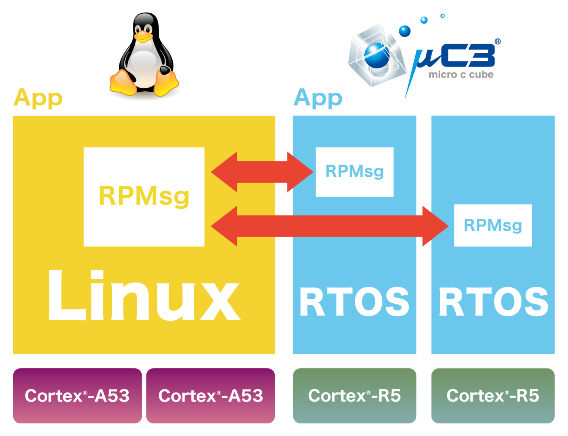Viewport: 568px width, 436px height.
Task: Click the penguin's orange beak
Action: [x=143, y=36]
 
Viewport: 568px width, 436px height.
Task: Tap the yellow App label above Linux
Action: [x=38, y=98]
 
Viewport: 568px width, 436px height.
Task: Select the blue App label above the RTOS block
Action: [x=318, y=98]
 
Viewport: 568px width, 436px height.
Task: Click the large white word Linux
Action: [x=144, y=296]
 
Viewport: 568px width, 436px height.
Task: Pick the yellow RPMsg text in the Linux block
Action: [x=144, y=196]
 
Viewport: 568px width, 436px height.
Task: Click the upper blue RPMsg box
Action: [x=354, y=172]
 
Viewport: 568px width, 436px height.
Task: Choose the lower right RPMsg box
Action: [x=493, y=225]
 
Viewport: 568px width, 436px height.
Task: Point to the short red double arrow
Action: [x=262, y=172]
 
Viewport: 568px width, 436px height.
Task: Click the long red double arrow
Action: [x=329, y=226]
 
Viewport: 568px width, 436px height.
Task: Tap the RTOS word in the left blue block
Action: [x=354, y=302]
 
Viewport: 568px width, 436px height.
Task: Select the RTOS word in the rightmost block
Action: [x=493, y=302]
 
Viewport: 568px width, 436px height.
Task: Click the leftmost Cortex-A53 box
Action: [x=77, y=396]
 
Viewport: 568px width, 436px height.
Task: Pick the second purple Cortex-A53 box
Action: [x=210, y=396]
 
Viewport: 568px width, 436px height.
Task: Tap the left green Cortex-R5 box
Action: [x=354, y=396]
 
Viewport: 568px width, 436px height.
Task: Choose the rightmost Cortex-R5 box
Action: [x=493, y=396]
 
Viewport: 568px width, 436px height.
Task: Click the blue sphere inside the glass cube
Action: [x=377, y=55]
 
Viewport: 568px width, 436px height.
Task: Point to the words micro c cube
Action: [x=461, y=75]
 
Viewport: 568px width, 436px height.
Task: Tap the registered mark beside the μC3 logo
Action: [x=498, y=42]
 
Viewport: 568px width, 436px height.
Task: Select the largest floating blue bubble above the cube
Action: [x=405, y=31]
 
